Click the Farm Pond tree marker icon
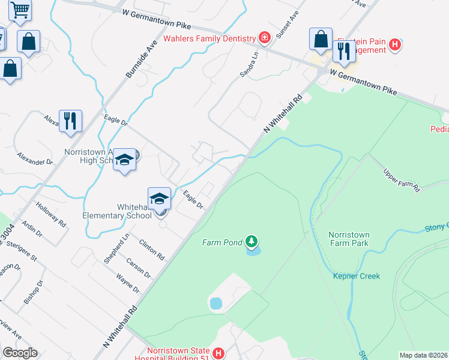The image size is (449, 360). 252,242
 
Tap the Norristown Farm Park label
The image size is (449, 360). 349,239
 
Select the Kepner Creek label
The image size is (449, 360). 357,276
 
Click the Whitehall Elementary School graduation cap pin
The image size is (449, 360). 160,199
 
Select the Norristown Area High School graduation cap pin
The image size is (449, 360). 125,160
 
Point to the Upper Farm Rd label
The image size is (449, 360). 402,179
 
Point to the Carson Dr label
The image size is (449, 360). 139,268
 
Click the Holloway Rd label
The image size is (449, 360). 50,215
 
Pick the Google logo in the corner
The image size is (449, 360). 20,353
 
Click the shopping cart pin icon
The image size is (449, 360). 20,9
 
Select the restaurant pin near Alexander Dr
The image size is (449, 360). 70,121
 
